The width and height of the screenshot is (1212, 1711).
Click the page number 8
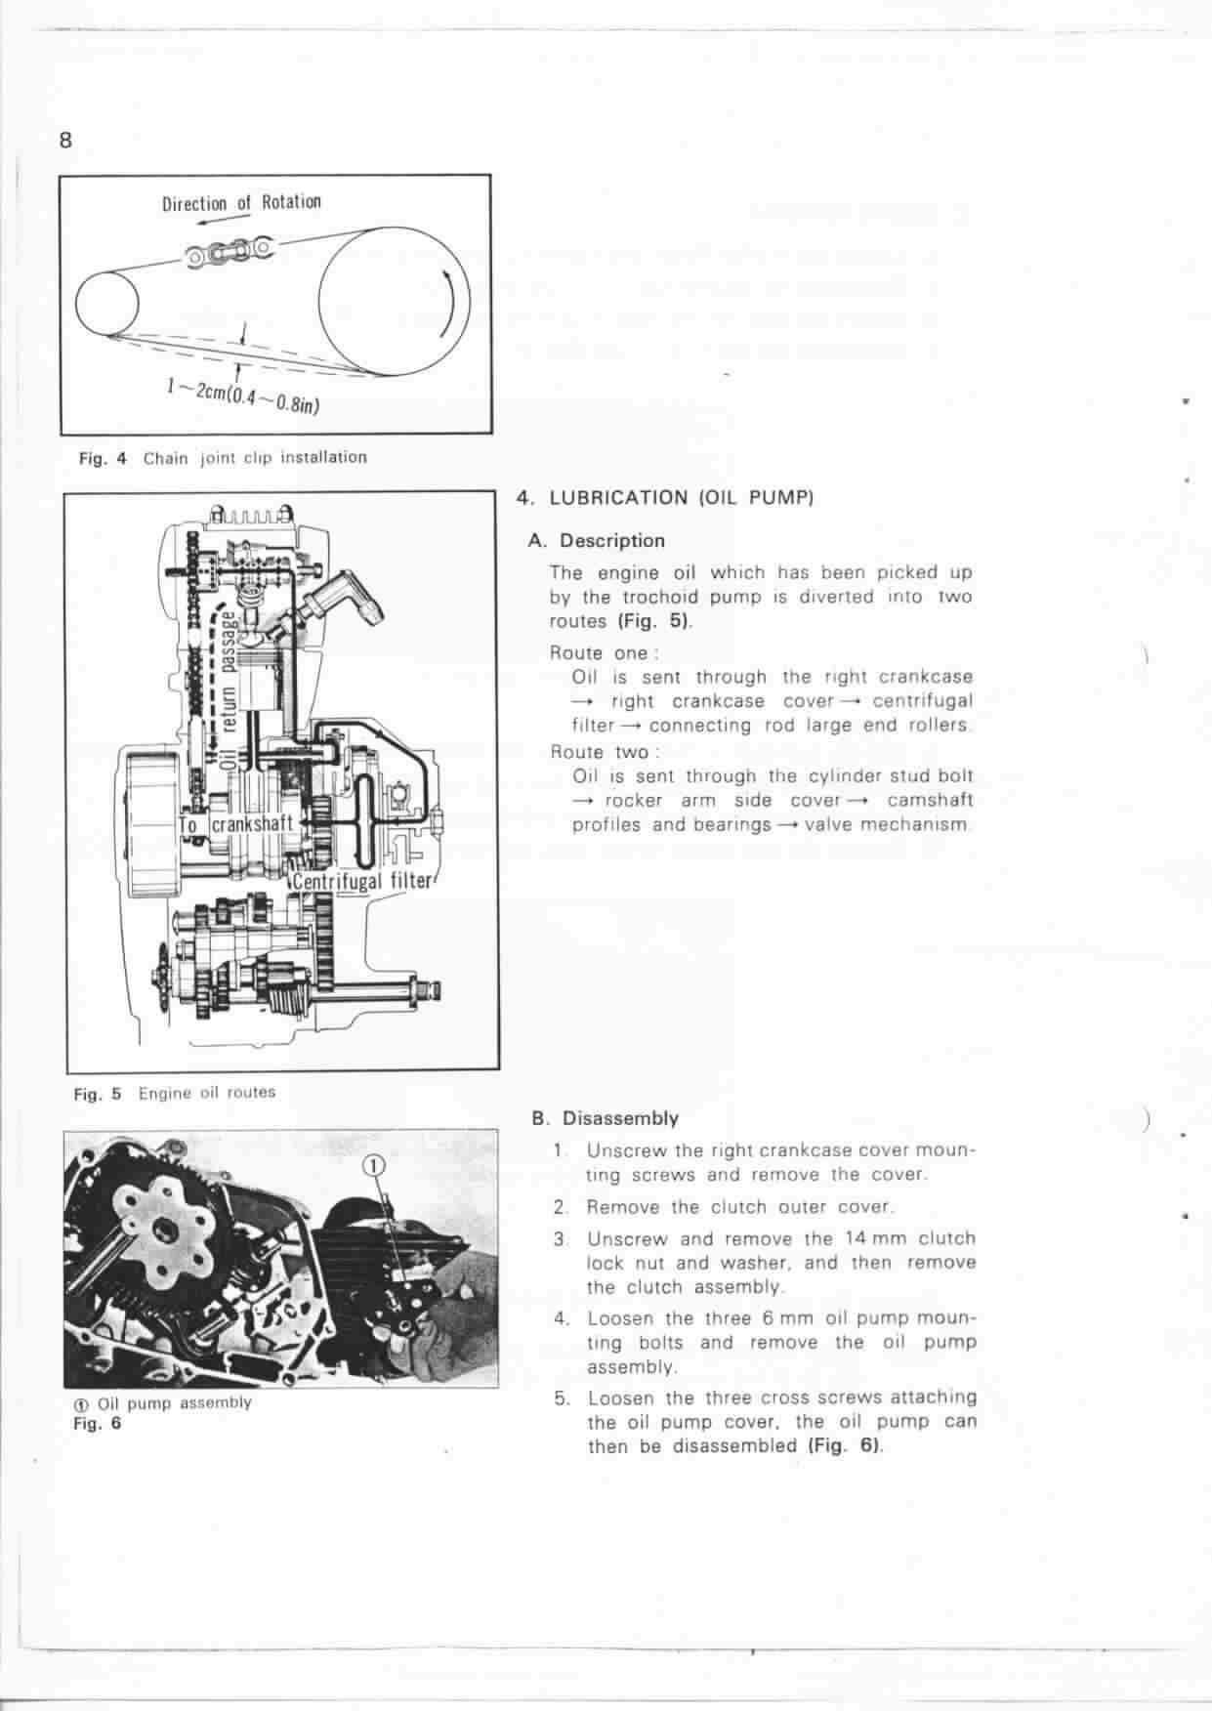pos(65,141)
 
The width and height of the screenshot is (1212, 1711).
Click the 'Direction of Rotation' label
pos(241,203)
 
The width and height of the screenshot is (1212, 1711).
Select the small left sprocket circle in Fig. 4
pos(108,302)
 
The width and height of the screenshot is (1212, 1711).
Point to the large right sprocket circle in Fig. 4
pos(394,302)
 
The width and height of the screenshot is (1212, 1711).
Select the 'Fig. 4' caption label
pos(104,457)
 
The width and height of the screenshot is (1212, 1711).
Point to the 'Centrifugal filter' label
pos(362,881)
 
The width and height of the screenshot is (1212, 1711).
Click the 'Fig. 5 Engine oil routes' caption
pos(175,1093)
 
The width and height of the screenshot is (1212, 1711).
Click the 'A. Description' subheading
pos(597,540)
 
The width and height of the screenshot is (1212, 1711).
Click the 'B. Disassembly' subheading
pos(605,1118)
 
